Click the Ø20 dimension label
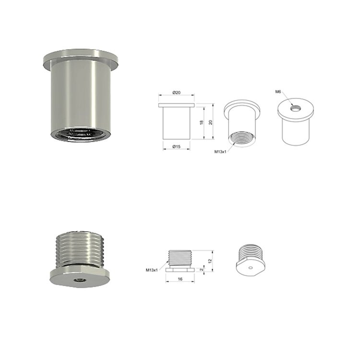(176, 93)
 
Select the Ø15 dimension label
(176, 146)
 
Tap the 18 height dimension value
(202, 122)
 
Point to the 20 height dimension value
(211, 122)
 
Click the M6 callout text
(278, 92)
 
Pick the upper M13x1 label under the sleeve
(220, 152)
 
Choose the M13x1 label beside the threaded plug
(152, 270)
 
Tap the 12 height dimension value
(209, 261)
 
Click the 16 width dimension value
(180, 279)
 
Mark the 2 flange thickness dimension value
(202, 269)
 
